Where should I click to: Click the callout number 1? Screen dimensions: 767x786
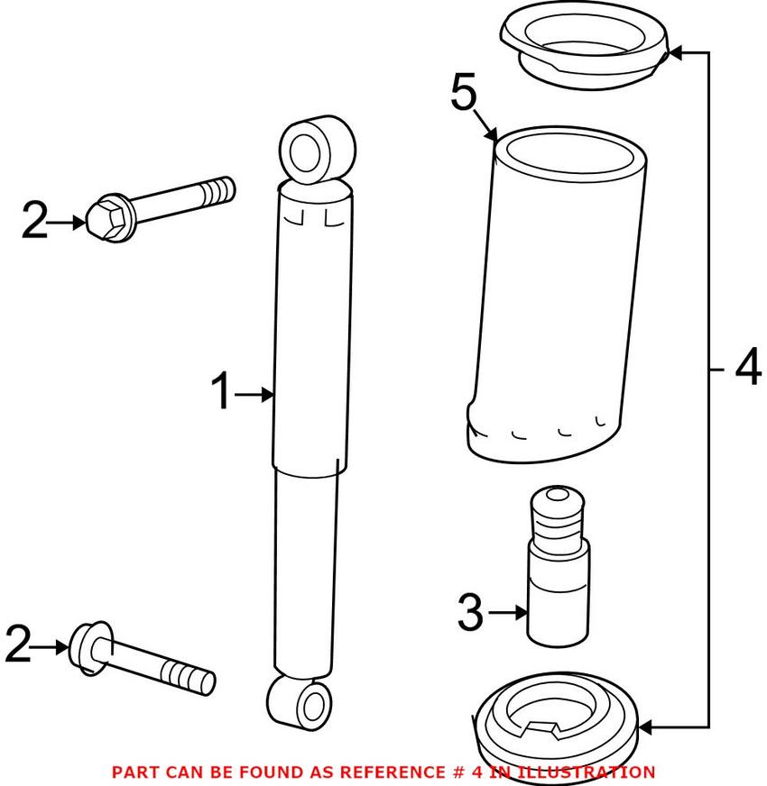click(x=220, y=390)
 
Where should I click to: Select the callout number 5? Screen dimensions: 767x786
click(x=463, y=91)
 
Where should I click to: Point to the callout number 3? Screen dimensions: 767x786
click(x=470, y=612)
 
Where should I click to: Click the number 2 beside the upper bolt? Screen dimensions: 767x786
click(x=34, y=220)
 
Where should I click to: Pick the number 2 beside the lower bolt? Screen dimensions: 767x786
click(x=18, y=644)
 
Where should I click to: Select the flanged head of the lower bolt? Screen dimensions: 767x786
click(x=90, y=649)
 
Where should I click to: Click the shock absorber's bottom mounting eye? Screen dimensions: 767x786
click(x=300, y=703)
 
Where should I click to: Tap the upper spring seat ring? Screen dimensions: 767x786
click(x=585, y=48)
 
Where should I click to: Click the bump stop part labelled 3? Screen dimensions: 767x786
click(x=557, y=565)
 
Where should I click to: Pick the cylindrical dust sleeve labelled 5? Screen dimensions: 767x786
click(x=555, y=295)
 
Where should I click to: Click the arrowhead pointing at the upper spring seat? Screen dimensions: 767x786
click(x=676, y=52)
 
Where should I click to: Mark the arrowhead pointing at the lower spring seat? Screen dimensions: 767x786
click(x=645, y=727)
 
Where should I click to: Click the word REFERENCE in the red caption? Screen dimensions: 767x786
click(x=391, y=772)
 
